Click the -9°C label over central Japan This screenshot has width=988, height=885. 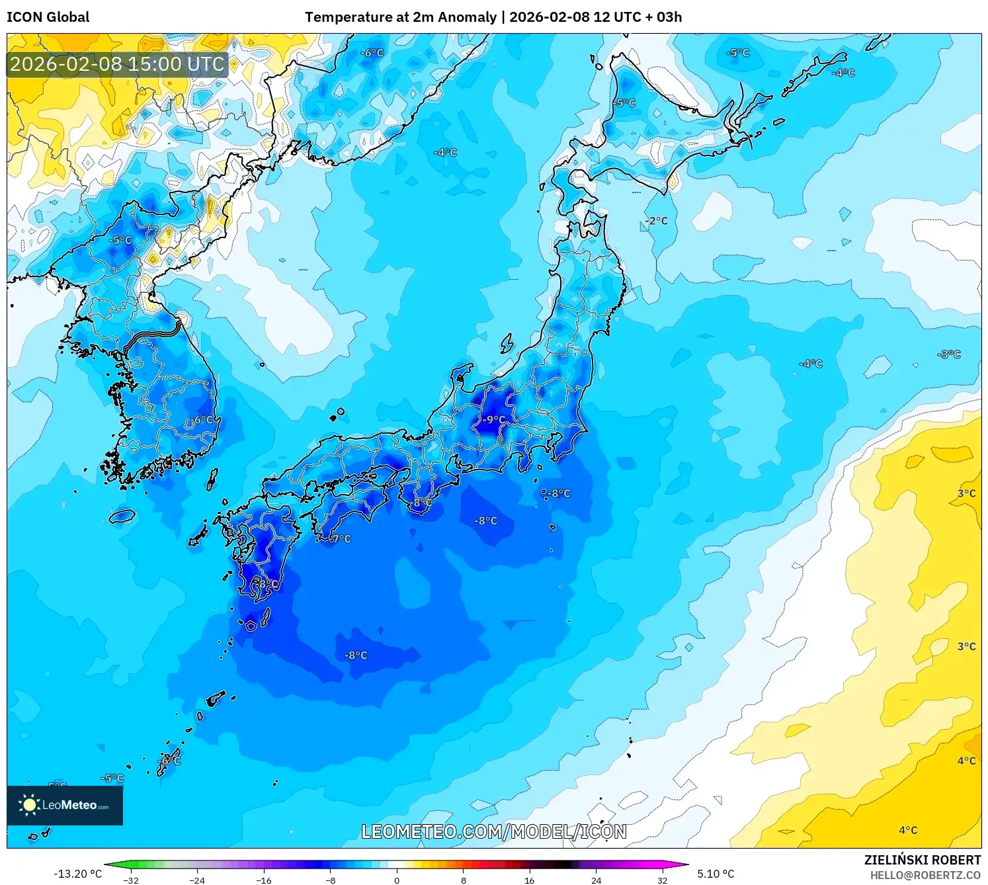tap(493, 419)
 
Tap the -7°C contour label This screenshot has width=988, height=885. tap(339, 539)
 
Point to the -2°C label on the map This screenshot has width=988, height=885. tap(657, 221)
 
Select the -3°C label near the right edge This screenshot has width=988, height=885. tap(949, 355)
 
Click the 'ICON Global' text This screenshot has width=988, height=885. tap(48, 17)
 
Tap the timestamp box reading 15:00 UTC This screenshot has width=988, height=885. tap(118, 64)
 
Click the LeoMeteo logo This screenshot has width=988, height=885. tap(65, 805)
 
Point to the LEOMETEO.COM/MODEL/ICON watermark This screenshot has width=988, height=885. tap(493, 831)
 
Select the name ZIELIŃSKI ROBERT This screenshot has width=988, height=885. tap(923, 860)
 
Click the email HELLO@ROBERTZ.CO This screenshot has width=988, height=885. tap(925, 875)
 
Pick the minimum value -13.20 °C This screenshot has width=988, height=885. tap(77, 874)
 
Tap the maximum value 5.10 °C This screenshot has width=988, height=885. tap(716, 874)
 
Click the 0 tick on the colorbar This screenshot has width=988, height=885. tap(397, 880)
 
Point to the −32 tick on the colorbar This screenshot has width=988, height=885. tap(130, 880)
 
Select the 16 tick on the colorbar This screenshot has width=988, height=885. tap(530, 880)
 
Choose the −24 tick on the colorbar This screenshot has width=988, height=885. tap(196, 880)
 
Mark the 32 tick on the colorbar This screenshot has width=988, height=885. tap(663, 880)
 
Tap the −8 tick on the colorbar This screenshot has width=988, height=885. tap(330, 880)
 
